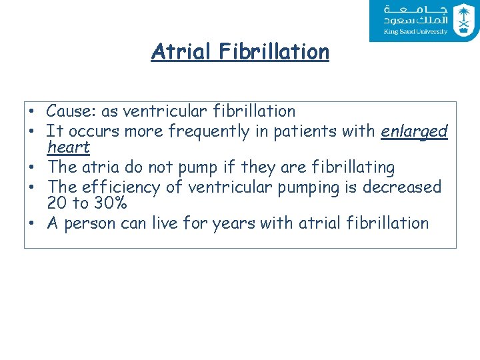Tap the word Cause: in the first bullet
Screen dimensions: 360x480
point(71,111)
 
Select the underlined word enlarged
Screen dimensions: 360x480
point(414,132)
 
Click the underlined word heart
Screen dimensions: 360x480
point(69,147)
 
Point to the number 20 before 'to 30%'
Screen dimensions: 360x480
point(57,203)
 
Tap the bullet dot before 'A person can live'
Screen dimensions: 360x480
point(31,223)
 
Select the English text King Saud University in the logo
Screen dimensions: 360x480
point(415,31)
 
